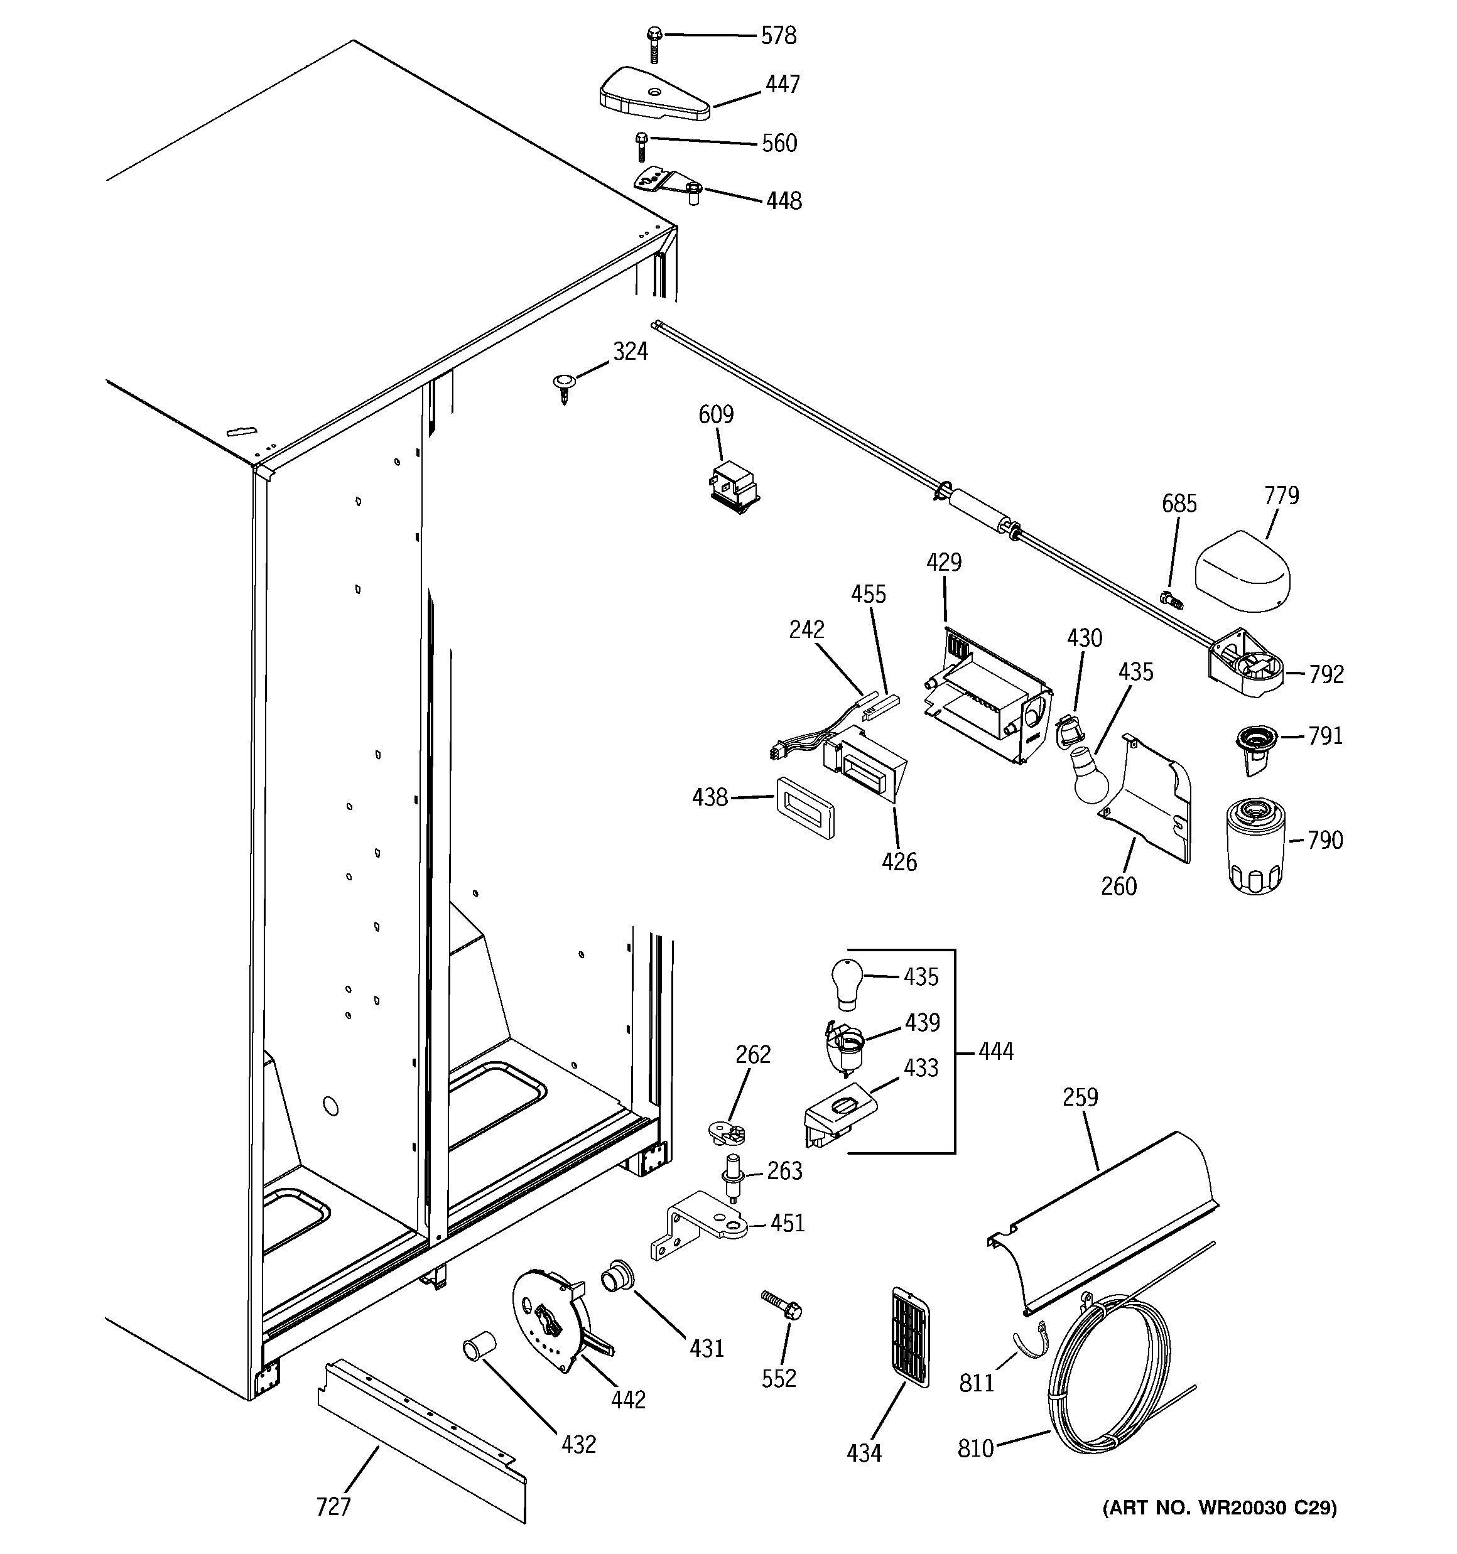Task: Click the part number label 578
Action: [778, 36]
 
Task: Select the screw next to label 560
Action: [641, 146]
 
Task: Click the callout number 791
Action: [1325, 737]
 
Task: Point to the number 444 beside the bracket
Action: [995, 1051]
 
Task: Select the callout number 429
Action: [944, 562]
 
